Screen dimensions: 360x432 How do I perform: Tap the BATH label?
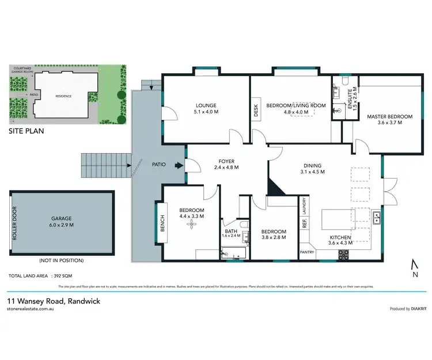(x=230, y=233)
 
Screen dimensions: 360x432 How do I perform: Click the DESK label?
(x=256, y=110)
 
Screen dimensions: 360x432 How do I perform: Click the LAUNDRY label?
(x=304, y=205)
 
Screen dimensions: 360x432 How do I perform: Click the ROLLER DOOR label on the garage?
(x=15, y=223)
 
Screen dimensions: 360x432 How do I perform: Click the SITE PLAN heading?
(x=26, y=131)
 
